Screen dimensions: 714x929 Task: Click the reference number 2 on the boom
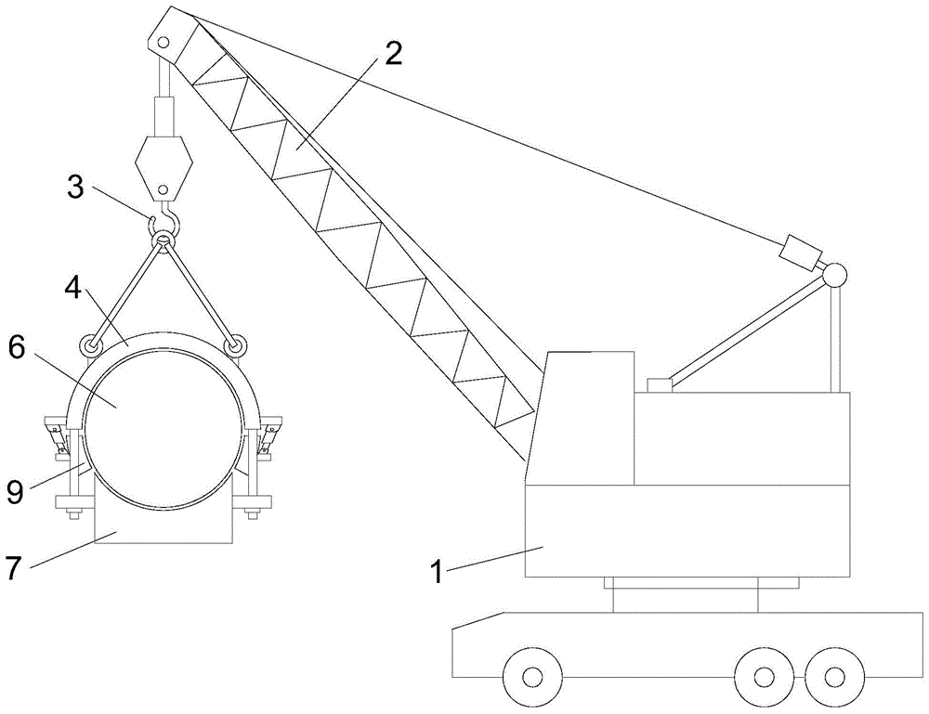click(x=394, y=54)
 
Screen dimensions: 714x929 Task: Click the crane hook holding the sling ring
click(x=168, y=219)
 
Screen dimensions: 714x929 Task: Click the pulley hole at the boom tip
click(x=163, y=43)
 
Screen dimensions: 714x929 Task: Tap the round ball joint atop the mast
click(x=832, y=274)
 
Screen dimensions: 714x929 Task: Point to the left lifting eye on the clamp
click(x=90, y=346)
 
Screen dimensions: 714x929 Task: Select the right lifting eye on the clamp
click(x=236, y=346)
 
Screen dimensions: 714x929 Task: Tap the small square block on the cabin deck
click(x=659, y=384)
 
